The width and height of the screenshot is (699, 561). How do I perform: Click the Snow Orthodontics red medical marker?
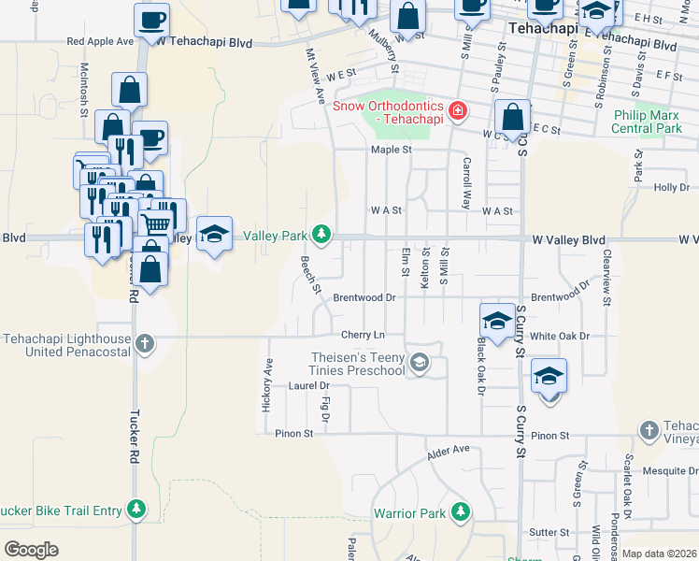(x=458, y=113)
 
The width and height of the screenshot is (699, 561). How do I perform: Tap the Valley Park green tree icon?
(x=321, y=233)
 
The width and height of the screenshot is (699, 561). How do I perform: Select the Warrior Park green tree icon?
(x=460, y=511)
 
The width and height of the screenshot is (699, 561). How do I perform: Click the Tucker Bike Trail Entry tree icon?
(x=137, y=509)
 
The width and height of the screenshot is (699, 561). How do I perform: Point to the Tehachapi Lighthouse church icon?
(x=144, y=343)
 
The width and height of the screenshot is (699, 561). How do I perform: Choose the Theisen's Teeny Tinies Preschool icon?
(x=420, y=362)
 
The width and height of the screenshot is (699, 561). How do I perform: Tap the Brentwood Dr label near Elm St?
(x=364, y=297)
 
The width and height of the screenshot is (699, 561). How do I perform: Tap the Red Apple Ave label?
(x=100, y=42)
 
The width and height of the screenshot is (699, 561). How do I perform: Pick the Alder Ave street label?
(x=448, y=453)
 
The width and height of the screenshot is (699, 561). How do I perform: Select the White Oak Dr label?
(x=560, y=336)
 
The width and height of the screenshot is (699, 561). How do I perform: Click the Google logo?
(x=31, y=550)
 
